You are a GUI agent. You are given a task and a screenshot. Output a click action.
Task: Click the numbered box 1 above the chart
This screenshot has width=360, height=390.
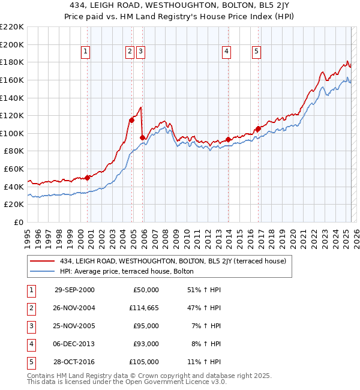[86, 52]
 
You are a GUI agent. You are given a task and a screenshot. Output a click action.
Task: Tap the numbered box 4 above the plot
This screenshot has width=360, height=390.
[226, 52]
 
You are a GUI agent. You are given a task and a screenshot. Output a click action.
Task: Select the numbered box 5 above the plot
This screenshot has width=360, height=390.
[256, 52]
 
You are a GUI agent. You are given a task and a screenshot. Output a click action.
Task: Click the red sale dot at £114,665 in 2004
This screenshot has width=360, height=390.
[131, 120]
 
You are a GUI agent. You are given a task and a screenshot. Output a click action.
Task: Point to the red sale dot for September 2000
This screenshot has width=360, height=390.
[87, 178]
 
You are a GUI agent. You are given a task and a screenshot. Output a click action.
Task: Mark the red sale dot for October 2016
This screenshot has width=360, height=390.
[258, 128]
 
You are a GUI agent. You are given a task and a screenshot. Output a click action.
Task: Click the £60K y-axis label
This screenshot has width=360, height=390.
[14, 169]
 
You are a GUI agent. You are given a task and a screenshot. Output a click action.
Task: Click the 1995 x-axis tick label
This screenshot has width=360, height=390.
[28, 235]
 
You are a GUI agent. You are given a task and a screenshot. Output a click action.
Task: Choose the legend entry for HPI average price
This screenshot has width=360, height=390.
[126, 271]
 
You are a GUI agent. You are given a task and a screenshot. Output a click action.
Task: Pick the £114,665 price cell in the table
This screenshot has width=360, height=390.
[144, 308]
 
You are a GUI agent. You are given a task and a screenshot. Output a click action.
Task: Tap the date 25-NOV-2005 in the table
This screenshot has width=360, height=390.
[74, 326]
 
